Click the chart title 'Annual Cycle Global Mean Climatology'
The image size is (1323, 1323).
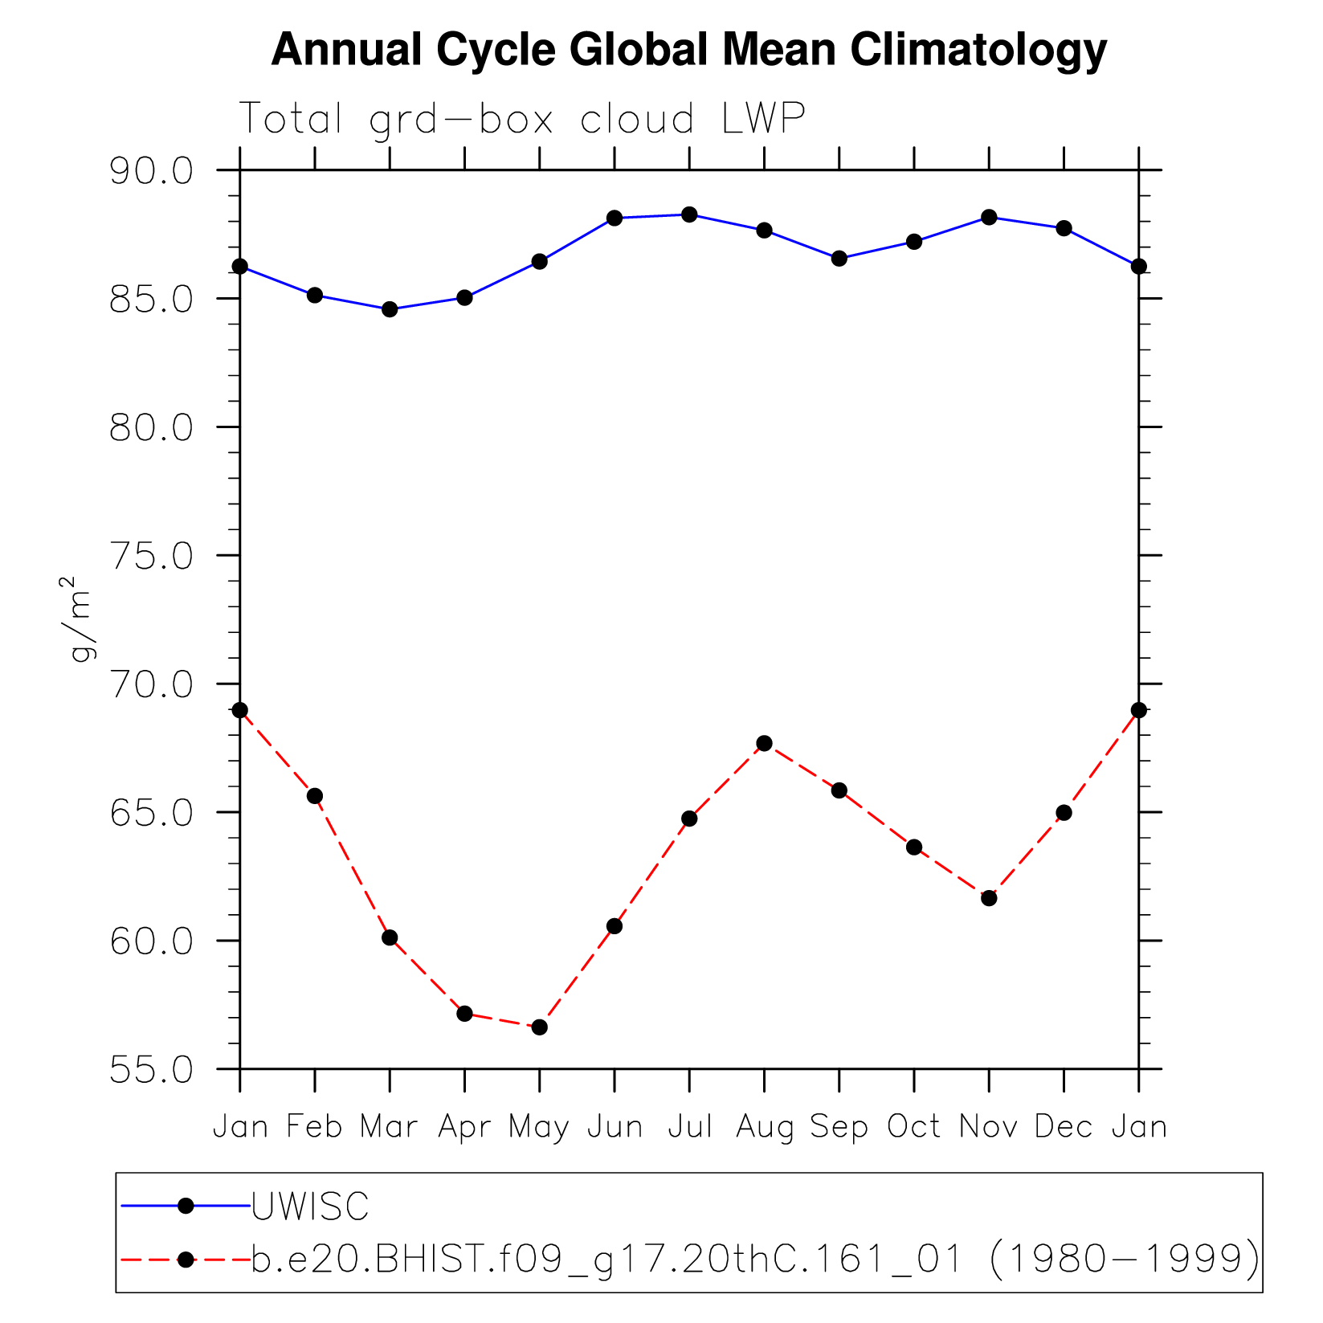[x=689, y=50]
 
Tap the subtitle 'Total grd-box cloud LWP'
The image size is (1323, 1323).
[x=522, y=120]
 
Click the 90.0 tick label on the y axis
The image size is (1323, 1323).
[x=152, y=172]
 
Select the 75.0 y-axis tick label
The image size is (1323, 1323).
[x=152, y=557]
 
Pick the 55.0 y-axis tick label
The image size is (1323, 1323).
[x=152, y=1071]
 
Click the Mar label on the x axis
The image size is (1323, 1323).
[x=389, y=1127]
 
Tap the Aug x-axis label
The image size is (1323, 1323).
[x=764, y=1127]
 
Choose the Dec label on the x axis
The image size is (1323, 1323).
[x=1064, y=1127]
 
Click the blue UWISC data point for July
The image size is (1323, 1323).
[x=689, y=214]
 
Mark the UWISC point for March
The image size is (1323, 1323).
[x=390, y=309]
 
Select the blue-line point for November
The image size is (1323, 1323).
[x=989, y=217]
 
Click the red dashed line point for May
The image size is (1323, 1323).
[x=539, y=1027]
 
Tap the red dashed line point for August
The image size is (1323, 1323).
[x=764, y=743]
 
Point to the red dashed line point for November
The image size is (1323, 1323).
[x=989, y=898]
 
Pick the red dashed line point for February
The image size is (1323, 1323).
[x=315, y=796]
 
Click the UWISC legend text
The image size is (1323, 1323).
[x=310, y=1206]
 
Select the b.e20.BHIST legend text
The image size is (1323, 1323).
[x=755, y=1259]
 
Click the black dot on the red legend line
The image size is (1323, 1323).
[x=186, y=1260]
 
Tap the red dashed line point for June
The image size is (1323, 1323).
[x=615, y=926]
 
